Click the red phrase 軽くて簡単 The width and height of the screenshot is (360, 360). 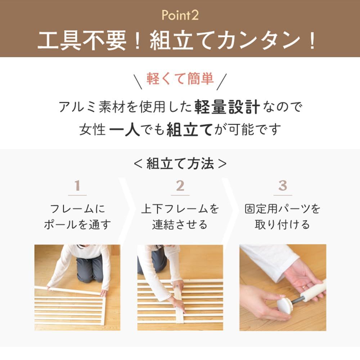180,78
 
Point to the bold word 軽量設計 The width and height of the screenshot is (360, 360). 227,107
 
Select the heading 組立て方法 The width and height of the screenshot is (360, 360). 180,164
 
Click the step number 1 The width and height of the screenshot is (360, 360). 77,186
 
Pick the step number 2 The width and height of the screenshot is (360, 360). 180,186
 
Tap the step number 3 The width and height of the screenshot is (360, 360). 283,186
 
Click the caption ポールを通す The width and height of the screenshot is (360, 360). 77,225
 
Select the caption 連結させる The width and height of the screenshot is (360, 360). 180,225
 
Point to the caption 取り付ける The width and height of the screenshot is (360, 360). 283,225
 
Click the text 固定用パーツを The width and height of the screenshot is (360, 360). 283,209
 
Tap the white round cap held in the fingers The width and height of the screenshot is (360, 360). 285,305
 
